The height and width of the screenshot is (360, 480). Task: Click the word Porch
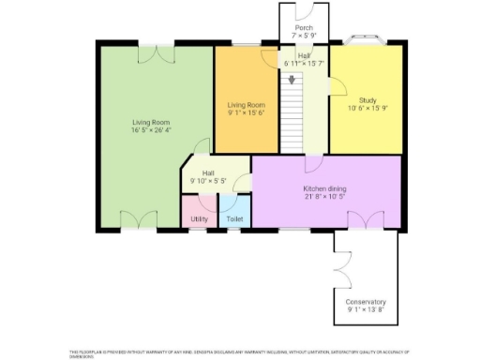[304, 28]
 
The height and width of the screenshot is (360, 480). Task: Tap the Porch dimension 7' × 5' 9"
[304, 36]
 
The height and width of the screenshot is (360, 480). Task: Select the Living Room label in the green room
[150, 123]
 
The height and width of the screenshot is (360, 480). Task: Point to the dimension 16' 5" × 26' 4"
[150, 131]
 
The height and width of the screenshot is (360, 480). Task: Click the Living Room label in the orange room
[247, 105]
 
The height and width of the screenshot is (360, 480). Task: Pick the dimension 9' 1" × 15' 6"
[247, 112]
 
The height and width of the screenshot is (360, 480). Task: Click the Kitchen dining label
[324, 188]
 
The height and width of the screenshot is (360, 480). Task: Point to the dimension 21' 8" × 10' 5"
[324, 197]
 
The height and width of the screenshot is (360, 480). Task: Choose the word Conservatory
[366, 302]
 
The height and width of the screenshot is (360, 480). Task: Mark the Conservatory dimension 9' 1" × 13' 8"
[366, 309]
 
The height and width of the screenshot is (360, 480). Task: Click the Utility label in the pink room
[199, 219]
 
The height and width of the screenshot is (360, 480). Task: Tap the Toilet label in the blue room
[234, 219]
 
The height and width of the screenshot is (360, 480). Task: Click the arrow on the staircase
[292, 81]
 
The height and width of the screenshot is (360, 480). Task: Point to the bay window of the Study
[367, 39]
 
